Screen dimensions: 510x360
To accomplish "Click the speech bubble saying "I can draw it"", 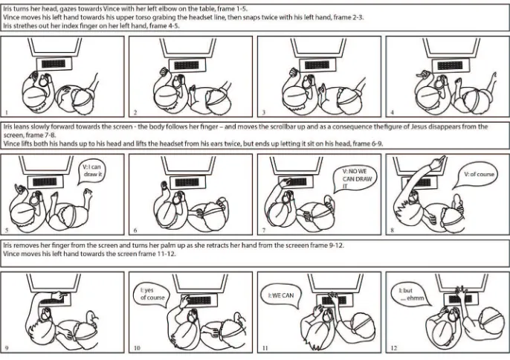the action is coord(91,172).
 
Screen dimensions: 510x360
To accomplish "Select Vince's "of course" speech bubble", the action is coord(477,175).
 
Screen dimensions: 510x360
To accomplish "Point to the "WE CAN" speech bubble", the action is coord(282,295).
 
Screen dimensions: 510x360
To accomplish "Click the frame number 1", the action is coord(7,112).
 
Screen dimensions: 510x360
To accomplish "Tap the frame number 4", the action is coord(392,112).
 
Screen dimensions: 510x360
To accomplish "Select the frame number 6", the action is coord(135,231).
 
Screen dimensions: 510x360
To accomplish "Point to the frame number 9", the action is coord(7,348).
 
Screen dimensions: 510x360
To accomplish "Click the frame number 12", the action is coord(393,348).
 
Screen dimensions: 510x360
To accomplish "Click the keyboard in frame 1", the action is coord(54,64).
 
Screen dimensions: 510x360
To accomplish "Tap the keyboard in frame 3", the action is coord(317,65).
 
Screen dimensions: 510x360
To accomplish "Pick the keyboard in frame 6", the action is coord(187,182).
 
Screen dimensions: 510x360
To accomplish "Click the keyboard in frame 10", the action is coord(199,300).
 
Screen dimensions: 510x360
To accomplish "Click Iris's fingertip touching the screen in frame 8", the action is coord(442,158).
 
